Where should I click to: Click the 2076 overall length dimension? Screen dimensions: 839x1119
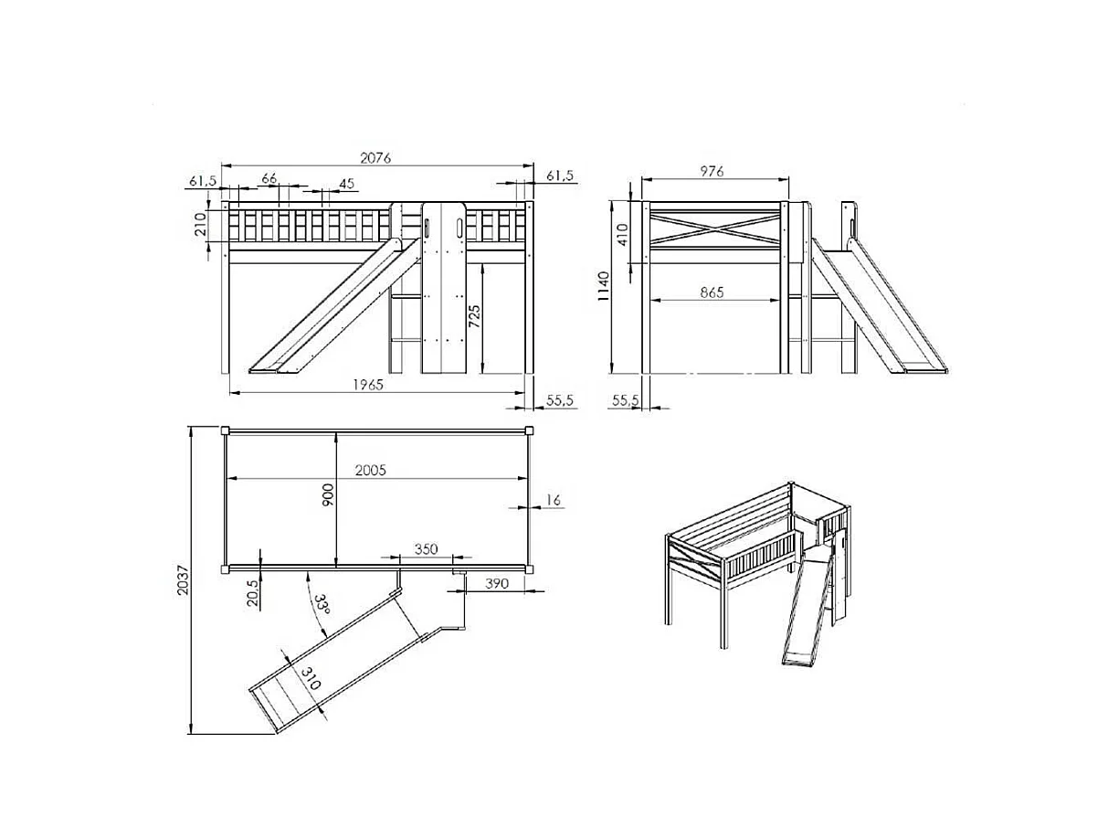coord(375,157)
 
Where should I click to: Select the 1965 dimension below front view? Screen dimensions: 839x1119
coord(368,385)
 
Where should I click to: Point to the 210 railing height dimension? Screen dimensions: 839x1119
coord(201,224)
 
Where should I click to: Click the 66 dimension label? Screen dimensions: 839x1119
coord(269,178)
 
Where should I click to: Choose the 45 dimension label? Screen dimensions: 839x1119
coord(346,184)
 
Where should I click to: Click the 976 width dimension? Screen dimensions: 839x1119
coord(712,171)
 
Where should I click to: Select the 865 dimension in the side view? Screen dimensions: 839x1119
coord(712,292)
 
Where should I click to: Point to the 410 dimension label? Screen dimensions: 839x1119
coord(623,235)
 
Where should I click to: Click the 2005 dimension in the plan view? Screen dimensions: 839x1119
coord(371,470)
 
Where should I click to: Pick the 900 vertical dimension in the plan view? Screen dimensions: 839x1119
coord(329,494)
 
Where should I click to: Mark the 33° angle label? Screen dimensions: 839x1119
coord(321,607)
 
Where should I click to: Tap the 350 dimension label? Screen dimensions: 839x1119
coord(426,549)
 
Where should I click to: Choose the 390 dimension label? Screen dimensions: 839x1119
coord(497,583)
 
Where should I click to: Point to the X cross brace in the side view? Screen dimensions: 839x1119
coord(713,225)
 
